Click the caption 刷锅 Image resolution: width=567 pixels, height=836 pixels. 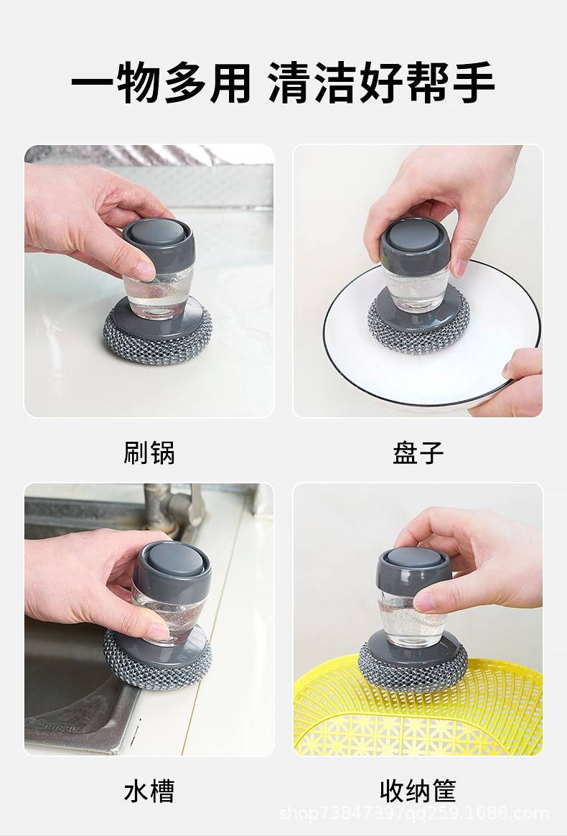point(149,452)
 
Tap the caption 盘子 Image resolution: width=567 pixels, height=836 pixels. point(418,452)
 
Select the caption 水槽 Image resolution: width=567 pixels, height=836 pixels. point(149,791)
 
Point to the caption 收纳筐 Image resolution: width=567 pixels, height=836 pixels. point(418,791)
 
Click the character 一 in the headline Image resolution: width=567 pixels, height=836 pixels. point(93,83)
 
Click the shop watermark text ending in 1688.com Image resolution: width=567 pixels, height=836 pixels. point(413,814)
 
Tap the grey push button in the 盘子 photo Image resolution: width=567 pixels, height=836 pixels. point(415,235)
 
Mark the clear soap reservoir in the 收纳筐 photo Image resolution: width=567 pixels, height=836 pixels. point(411,618)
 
